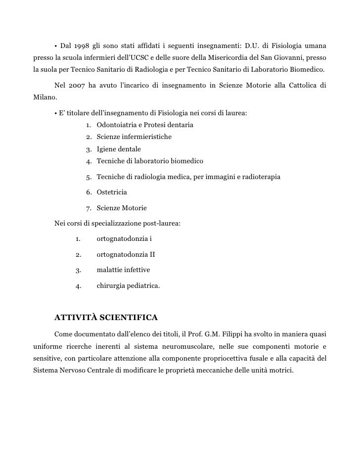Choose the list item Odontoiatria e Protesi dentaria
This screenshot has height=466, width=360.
[x=145, y=125]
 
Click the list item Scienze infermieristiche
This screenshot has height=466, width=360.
[x=134, y=137]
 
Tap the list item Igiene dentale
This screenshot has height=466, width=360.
[x=119, y=149]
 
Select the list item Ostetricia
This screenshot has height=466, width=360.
[x=112, y=191]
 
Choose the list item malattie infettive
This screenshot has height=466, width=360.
[x=123, y=270]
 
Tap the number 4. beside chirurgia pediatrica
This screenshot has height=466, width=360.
[x=78, y=286]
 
